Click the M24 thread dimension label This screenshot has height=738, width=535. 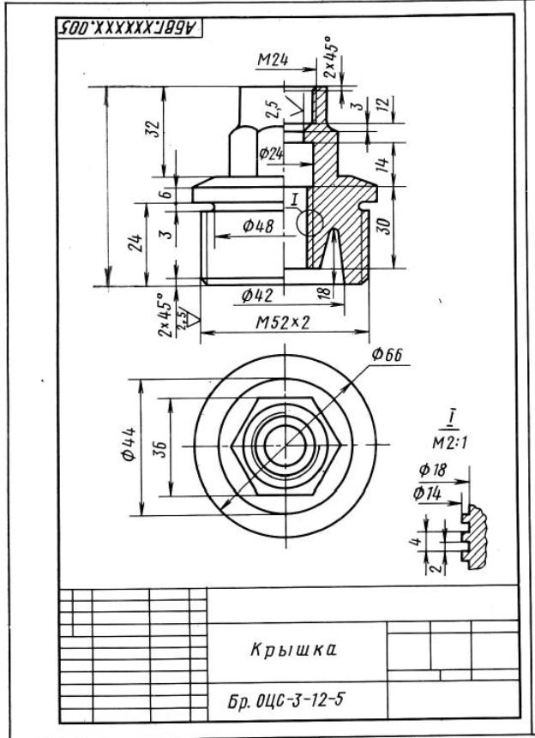click(273, 60)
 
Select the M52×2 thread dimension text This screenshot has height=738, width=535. click(283, 323)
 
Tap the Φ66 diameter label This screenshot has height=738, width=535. click(387, 354)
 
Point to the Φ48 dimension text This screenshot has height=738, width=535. click(258, 226)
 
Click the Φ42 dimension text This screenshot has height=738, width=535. click(257, 296)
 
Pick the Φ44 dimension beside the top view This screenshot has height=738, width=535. click(129, 444)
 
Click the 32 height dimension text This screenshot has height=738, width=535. click(153, 128)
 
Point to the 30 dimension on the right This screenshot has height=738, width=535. click(384, 226)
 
